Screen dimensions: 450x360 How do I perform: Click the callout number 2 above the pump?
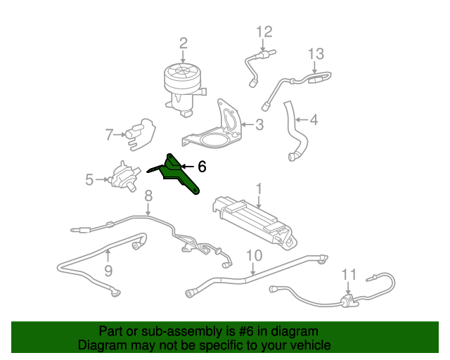pyautogui.click(x=183, y=44)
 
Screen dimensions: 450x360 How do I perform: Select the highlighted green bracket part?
pyautogui.click(x=176, y=173)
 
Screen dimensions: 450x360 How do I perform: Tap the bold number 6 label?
pyautogui.click(x=202, y=167)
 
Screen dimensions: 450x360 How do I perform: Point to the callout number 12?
pyautogui.click(x=264, y=32)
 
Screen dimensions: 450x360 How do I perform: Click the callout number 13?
pyautogui.click(x=316, y=53)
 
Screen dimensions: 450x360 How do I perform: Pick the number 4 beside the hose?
pyautogui.click(x=314, y=120)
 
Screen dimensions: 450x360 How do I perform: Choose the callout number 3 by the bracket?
pyautogui.click(x=259, y=124)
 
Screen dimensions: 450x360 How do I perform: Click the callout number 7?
pyautogui.click(x=109, y=134)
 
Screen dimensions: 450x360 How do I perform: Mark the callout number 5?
pyautogui.click(x=89, y=180)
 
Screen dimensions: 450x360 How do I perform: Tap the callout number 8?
pyautogui.click(x=148, y=196)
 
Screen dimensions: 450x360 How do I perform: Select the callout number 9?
pyautogui.click(x=108, y=271)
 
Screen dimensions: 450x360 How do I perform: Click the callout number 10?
pyautogui.click(x=255, y=255)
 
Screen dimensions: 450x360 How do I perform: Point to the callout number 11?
pyautogui.click(x=349, y=274)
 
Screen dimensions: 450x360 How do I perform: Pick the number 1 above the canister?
pyautogui.click(x=259, y=189)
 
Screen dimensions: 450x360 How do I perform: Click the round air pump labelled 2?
pyautogui.click(x=184, y=88)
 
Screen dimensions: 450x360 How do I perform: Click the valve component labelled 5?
pyautogui.click(x=124, y=176)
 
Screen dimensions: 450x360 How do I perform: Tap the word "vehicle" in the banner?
pyautogui.click(x=312, y=345)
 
